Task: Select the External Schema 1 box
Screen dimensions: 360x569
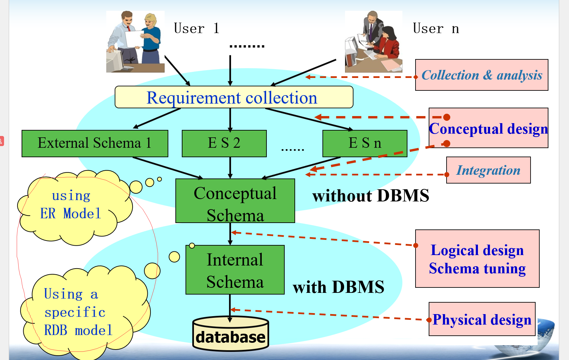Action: [x=95, y=143]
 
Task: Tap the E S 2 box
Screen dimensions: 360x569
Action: [x=224, y=143]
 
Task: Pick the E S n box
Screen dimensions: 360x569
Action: [x=365, y=143]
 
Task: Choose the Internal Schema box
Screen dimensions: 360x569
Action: [x=235, y=270]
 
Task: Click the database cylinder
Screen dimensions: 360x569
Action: [x=231, y=334]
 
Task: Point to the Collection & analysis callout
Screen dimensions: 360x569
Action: [x=482, y=75]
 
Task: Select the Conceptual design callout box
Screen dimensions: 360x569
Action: [x=488, y=128]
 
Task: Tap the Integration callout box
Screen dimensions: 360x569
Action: [x=488, y=170]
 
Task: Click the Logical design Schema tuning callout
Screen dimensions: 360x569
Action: [x=477, y=259]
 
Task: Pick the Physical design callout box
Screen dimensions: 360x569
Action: [x=482, y=319]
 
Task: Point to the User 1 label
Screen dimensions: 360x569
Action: [x=197, y=28]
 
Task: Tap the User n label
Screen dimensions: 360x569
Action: [x=436, y=29]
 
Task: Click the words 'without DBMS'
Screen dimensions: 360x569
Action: [x=371, y=196]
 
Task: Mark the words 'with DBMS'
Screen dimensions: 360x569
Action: [x=338, y=287]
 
